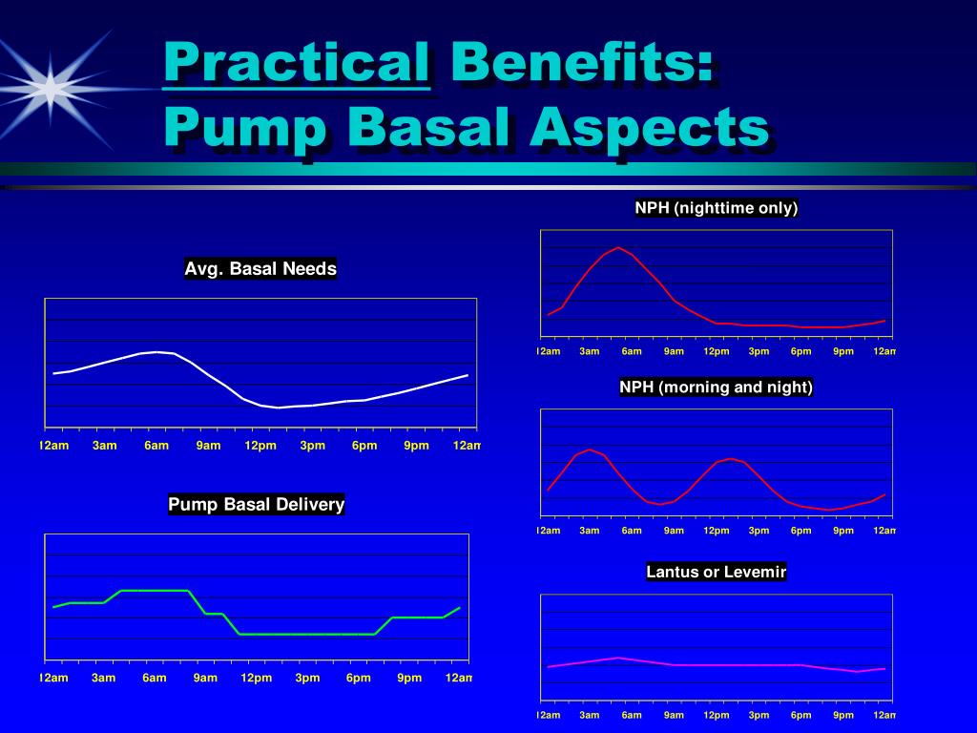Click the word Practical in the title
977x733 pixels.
296,65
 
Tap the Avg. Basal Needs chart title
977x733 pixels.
260,269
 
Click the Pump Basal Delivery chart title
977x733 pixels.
256,504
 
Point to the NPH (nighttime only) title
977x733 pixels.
716,208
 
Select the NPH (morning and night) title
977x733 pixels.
716,387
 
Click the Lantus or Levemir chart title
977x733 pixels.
716,573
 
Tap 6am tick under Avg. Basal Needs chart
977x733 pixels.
156,446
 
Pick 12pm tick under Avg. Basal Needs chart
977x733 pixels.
260,446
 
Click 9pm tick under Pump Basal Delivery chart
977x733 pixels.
409,679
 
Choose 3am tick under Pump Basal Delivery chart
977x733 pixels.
104,679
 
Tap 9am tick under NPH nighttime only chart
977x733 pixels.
674,351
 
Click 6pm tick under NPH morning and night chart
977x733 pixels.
800,531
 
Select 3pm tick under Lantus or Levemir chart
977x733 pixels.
759,716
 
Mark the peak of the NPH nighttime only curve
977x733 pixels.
618,247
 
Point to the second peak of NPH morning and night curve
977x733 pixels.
730,459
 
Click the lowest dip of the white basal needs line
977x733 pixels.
278,408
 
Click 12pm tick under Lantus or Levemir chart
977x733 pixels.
717,716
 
